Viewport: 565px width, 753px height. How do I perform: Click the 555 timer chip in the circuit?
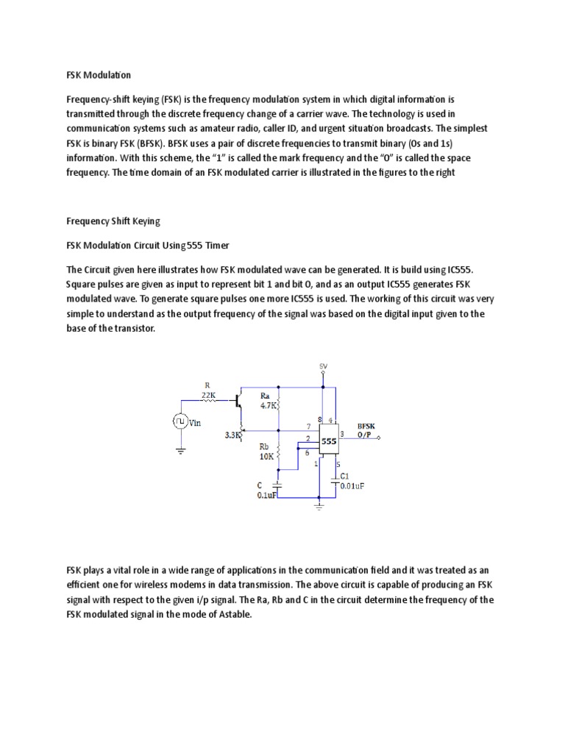tap(329, 441)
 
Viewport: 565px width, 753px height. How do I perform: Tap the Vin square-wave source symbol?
tap(180, 421)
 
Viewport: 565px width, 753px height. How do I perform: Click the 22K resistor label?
tap(208, 394)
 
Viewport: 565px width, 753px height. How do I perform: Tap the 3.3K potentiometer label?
tap(233, 435)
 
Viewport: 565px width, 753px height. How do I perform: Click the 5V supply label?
tap(323, 365)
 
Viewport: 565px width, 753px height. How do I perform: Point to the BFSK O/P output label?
tap(366, 430)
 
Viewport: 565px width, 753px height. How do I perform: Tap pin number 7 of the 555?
tap(308, 426)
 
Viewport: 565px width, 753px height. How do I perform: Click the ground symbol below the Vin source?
tap(180, 452)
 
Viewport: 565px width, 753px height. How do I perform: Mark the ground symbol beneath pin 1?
tap(319, 504)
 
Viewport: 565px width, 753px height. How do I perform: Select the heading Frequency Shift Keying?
tap(113, 221)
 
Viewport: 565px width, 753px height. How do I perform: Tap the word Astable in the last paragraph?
tap(232, 615)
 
